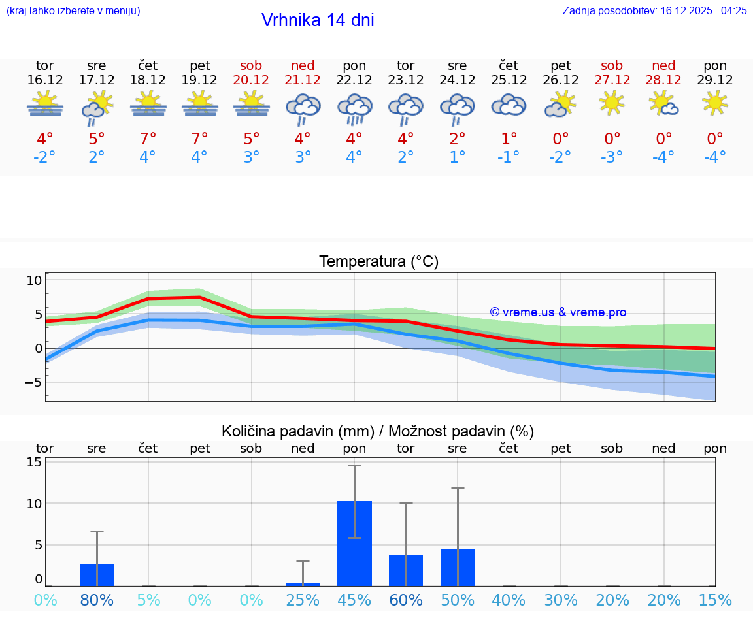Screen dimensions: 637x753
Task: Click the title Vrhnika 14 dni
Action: pyautogui.click(x=318, y=20)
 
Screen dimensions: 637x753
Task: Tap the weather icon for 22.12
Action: pyautogui.click(x=354, y=108)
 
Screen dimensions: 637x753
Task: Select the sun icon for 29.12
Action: pyautogui.click(x=715, y=103)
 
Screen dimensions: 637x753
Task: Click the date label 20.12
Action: pyautogui.click(x=251, y=80)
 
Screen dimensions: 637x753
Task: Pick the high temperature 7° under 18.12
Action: pyautogui.click(x=148, y=139)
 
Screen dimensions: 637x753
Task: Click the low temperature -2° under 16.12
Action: pyautogui.click(x=45, y=157)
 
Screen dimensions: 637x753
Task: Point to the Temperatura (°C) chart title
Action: pyautogui.click(x=378, y=261)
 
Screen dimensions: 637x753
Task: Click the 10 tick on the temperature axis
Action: pyautogui.click(x=34, y=280)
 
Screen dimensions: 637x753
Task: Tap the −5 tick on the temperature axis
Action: pyautogui.click(x=33, y=382)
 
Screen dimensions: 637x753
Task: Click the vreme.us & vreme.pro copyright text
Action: pyautogui.click(x=558, y=312)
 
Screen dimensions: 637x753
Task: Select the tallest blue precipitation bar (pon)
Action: pyautogui.click(x=354, y=544)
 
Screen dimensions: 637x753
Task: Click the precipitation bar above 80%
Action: pyautogui.click(x=97, y=574)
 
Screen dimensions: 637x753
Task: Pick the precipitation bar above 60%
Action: pyautogui.click(x=406, y=570)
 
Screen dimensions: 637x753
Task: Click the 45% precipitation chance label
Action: pyautogui.click(x=354, y=600)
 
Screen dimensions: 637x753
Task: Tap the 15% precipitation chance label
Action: pyautogui.click(x=715, y=600)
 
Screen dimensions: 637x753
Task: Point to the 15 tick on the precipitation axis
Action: pyautogui.click(x=34, y=462)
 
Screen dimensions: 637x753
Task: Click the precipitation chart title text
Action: pyautogui.click(x=378, y=431)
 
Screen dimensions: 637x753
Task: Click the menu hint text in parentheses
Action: pyautogui.click(x=73, y=10)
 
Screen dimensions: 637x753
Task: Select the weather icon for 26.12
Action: pyautogui.click(x=560, y=104)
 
